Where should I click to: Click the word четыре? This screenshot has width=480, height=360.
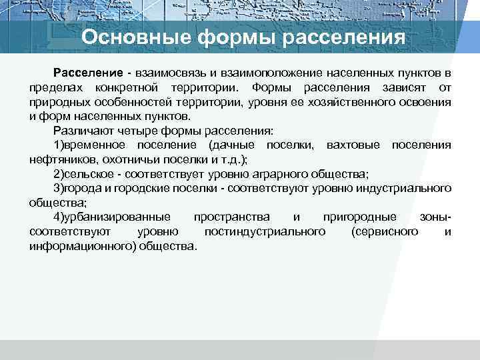(141, 131)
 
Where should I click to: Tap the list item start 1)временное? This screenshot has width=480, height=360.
(91, 145)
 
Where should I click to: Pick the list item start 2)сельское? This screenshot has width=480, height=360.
(88, 174)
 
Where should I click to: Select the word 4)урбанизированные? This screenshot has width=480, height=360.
(112, 217)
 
